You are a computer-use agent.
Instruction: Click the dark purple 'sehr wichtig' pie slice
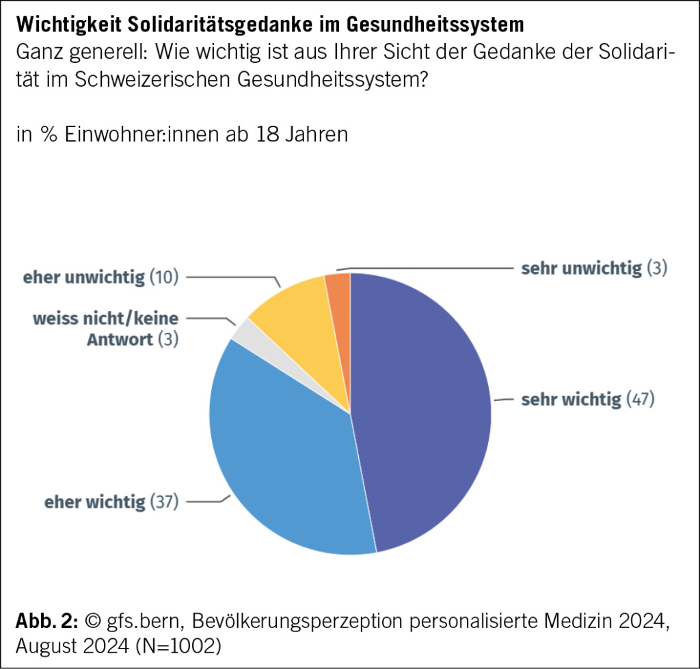[x=424, y=410]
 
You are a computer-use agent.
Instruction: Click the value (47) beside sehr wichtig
[x=641, y=399]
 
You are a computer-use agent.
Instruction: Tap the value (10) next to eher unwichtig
[x=164, y=277]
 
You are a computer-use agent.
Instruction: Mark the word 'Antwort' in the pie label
[x=119, y=339]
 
